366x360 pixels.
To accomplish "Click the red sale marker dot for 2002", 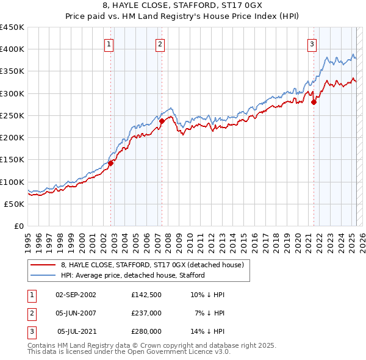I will [x=111, y=163].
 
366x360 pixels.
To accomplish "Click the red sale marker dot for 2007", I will [x=162, y=121].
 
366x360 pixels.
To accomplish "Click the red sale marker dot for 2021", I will [x=314, y=102].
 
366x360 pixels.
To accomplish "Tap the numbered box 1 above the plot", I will [x=109, y=43].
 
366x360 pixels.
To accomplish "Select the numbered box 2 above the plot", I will [x=159, y=43].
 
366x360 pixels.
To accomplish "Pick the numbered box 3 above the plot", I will [x=312, y=43].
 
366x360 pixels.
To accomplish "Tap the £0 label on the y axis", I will [x=18, y=226].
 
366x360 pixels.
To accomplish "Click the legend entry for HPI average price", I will [x=132, y=275].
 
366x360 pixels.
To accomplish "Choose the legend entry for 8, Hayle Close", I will [x=152, y=265].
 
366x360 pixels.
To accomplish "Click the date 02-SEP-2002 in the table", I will [x=76, y=295].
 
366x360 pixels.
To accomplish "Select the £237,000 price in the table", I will [x=146, y=313].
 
